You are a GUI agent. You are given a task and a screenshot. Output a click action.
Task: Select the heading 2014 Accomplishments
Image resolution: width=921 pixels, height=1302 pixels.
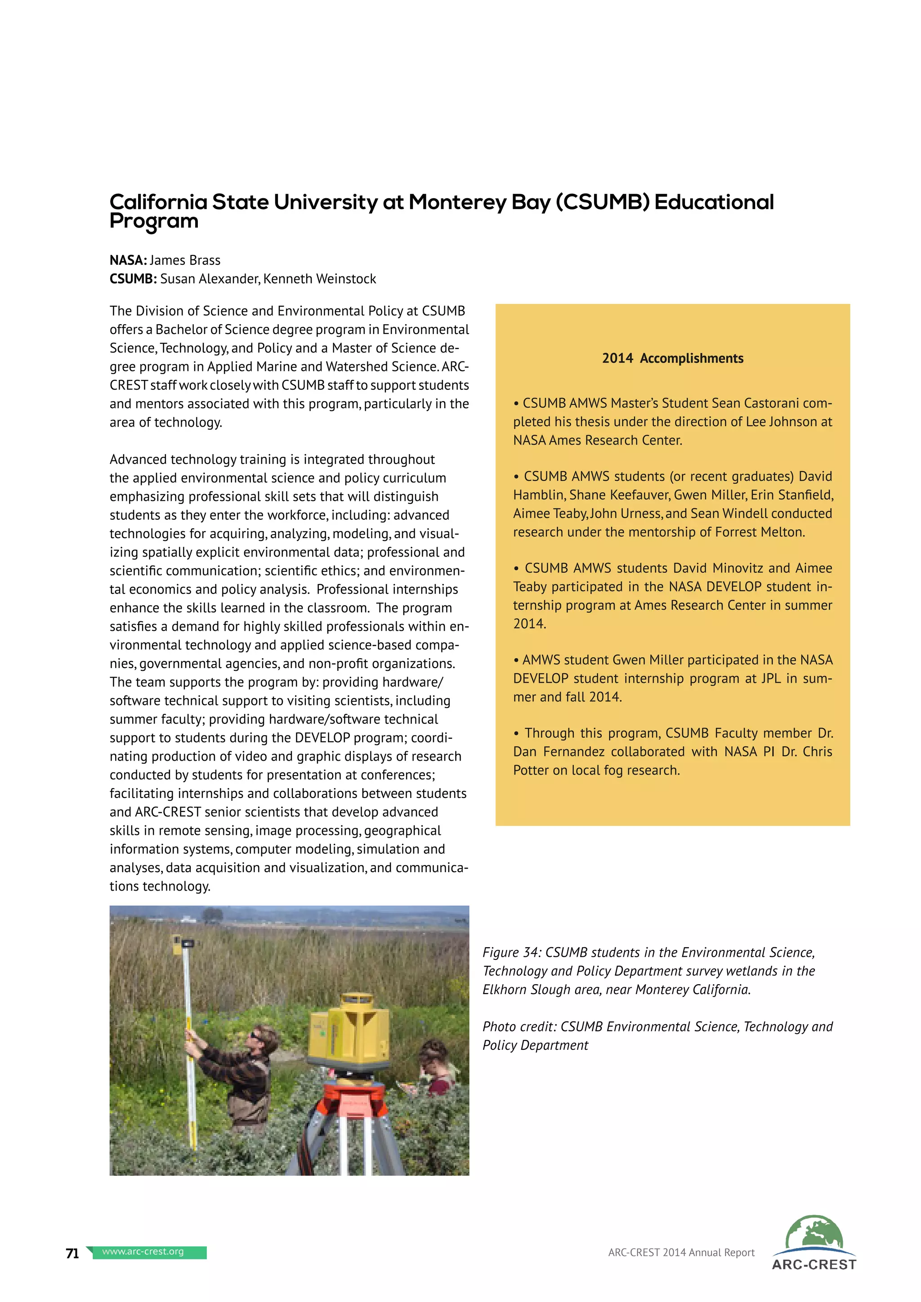(673, 358)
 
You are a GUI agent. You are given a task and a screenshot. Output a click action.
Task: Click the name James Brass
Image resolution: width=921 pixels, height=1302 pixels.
(185, 260)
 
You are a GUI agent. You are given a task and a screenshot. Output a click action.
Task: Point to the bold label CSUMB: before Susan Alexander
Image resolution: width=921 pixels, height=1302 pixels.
(133, 279)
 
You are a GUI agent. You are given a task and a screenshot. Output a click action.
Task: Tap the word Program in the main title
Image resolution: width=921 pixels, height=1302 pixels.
(154, 221)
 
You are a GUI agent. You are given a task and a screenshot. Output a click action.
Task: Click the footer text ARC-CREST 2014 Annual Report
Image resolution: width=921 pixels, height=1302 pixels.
(681, 1253)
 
